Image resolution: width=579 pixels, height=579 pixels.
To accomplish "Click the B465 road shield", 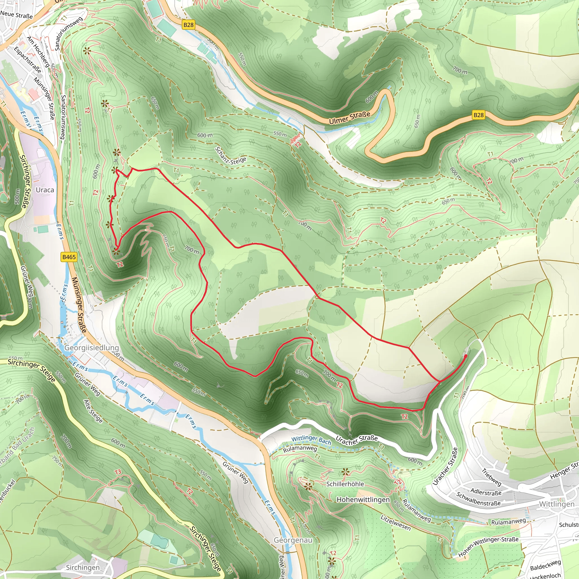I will tap(69, 257).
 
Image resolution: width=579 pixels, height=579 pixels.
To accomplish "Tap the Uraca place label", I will tap(45, 190).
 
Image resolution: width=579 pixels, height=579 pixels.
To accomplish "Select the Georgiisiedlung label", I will tap(92, 348).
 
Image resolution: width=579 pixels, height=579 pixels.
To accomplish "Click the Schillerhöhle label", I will tap(345, 484).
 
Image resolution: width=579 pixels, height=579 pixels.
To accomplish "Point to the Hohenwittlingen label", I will tap(363, 500).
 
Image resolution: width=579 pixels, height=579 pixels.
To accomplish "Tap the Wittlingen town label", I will tap(556, 504).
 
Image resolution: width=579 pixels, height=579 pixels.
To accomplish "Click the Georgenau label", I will tap(293, 540).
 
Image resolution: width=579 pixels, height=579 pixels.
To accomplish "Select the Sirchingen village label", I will tap(83, 567).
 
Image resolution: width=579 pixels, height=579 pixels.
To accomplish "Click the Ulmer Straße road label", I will tap(349, 118).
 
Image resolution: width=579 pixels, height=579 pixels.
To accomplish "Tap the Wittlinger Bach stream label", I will tap(311, 440).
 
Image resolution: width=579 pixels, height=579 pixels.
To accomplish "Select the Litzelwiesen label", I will tap(395, 523).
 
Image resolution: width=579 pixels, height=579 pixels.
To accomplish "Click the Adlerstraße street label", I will tap(486, 492).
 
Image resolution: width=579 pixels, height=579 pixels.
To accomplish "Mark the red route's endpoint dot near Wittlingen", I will tap(465, 356).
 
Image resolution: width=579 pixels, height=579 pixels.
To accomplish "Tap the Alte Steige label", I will tap(93, 411).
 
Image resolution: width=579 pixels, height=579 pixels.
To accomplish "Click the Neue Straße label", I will tap(16, 14).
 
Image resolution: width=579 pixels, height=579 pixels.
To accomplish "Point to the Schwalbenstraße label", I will tap(478, 499).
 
